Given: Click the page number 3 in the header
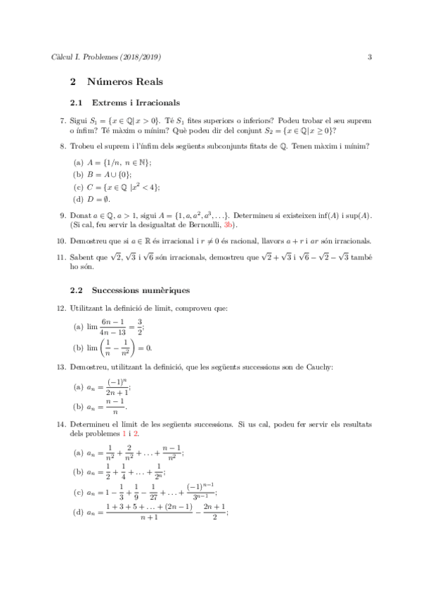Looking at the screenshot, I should pyautogui.click(x=370, y=57).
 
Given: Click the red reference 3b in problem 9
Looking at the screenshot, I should pyautogui.click(x=231, y=225).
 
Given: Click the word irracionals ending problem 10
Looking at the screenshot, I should pyautogui.click(x=350, y=240).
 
